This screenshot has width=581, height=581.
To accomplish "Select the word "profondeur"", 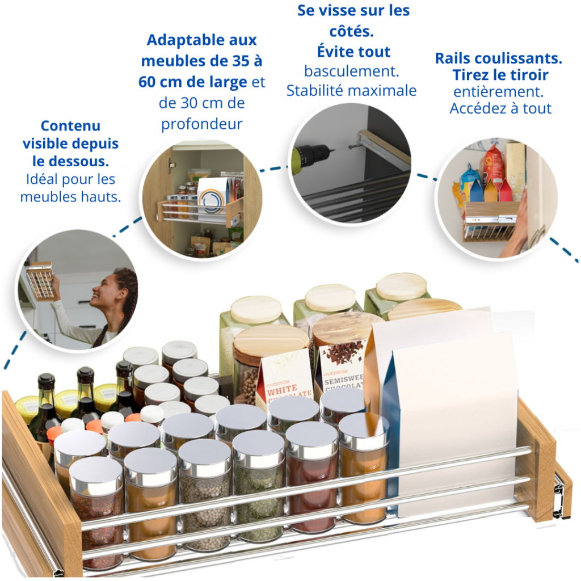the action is tap(201, 124).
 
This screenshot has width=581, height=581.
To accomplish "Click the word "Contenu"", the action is tap(70, 126).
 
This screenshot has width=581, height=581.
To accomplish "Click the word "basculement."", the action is tap(351, 71).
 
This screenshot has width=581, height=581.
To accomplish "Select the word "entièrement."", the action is tap(498, 92).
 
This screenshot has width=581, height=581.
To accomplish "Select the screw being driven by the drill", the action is tap(354, 148).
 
